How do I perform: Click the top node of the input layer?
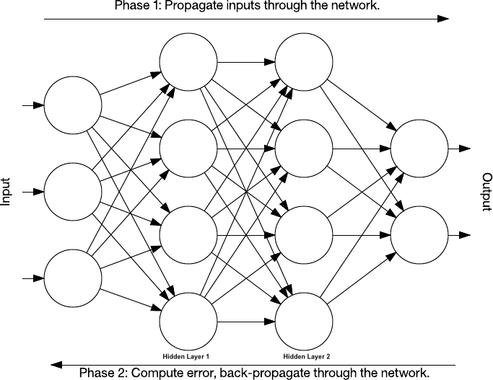pyautogui.click(x=73, y=105)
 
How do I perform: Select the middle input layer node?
pyautogui.click(x=73, y=192)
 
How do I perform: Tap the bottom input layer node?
pyautogui.click(x=73, y=278)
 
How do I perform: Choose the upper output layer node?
pyautogui.click(x=419, y=149)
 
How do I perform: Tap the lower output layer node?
pyautogui.click(x=419, y=235)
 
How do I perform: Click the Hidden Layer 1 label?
pyautogui.click(x=186, y=356)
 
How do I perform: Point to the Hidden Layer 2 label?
pyautogui.click(x=306, y=356)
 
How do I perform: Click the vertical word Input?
pyautogui.click(x=6, y=192)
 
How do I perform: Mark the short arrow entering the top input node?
pyautogui.click(x=33, y=105)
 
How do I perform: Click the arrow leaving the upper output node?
pyautogui.click(x=460, y=149)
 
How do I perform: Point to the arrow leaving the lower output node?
pyautogui.click(x=460, y=235)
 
